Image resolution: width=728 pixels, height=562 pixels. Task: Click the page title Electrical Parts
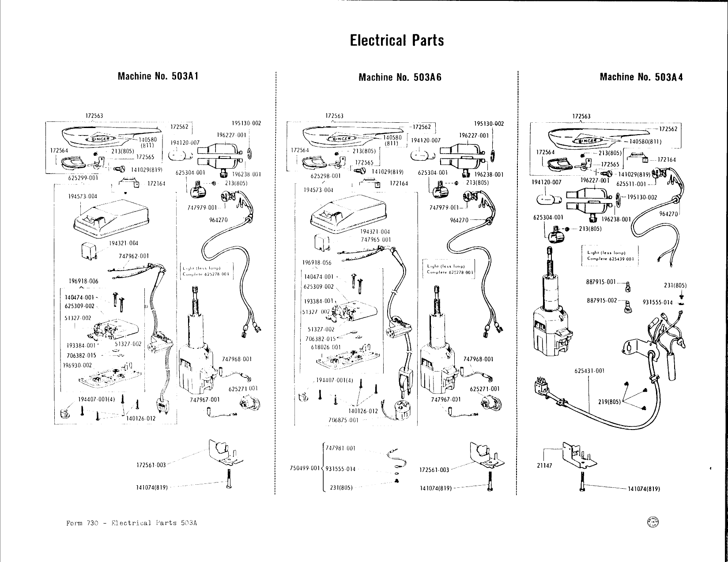(396, 40)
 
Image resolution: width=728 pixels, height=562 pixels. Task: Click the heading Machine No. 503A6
(400, 78)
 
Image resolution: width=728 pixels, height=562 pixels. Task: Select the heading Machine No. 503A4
(641, 77)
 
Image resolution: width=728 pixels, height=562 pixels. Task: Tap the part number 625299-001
(83, 178)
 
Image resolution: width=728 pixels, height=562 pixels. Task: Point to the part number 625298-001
(325, 175)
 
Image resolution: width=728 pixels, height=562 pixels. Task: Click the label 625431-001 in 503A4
(589, 371)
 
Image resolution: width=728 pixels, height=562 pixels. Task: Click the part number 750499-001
(304, 468)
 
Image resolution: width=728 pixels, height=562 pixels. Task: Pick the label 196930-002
(77, 365)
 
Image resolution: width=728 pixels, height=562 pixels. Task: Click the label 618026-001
(326, 347)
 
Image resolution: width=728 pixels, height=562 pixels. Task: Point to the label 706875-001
(343, 420)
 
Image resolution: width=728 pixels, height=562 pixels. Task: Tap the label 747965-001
(375, 240)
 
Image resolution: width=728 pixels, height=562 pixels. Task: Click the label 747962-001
(134, 256)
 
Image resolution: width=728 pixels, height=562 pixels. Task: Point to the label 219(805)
(609, 402)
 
